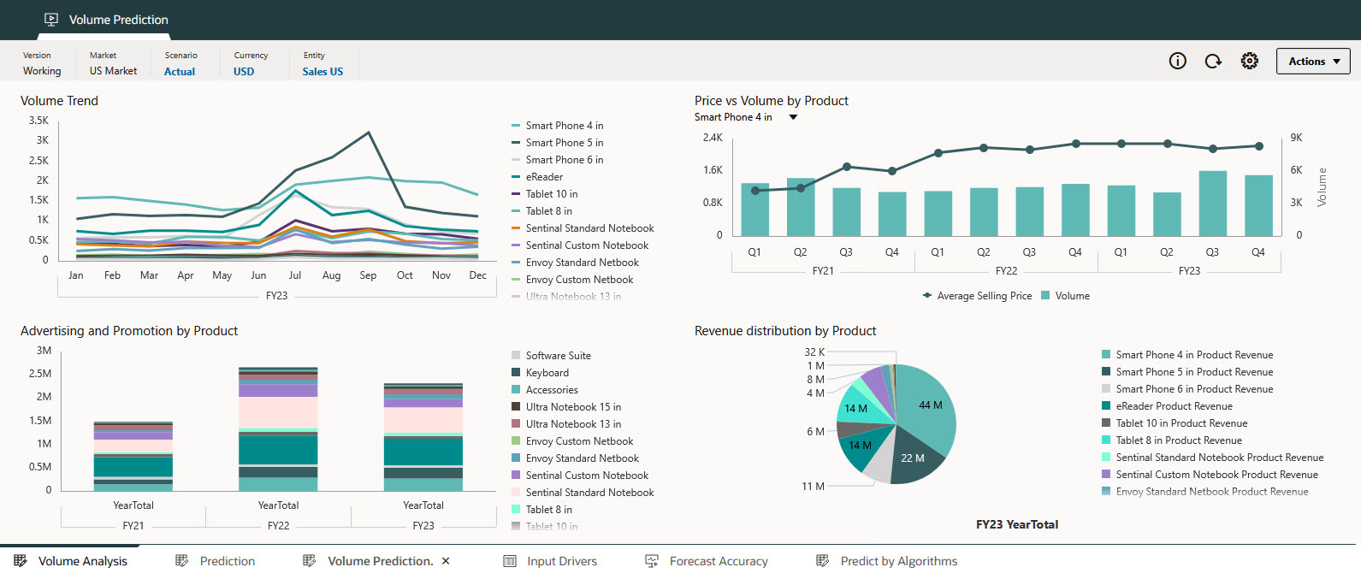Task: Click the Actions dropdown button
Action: click(x=1313, y=62)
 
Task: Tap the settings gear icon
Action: click(x=1250, y=61)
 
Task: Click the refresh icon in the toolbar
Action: click(x=1213, y=61)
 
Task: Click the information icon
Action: click(x=1178, y=61)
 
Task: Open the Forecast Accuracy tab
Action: click(x=718, y=561)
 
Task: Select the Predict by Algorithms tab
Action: click(x=898, y=561)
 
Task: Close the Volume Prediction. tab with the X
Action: click(x=446, y=561)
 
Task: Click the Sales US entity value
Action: click(x=322, y=72)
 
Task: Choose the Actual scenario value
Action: click(x=180, y=72)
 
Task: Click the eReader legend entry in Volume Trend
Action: click(x=544, y=177)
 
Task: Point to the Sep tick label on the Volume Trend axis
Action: click(x=368, y=275)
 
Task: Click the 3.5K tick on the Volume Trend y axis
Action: click(x=38, y=121)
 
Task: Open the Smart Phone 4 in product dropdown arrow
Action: click(x=793, y=117)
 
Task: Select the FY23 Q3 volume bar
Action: click(x=1212, y=204)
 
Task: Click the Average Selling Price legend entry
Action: click(x=984, y=296)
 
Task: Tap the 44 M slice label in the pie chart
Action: click(x=931, y=405)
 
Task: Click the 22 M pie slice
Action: click(x=913, y=458)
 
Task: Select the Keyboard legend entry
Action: click(x=547, y=373)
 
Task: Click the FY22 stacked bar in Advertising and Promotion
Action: click(x=278, y=428)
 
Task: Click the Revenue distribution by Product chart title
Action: click(x=784, y=331)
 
